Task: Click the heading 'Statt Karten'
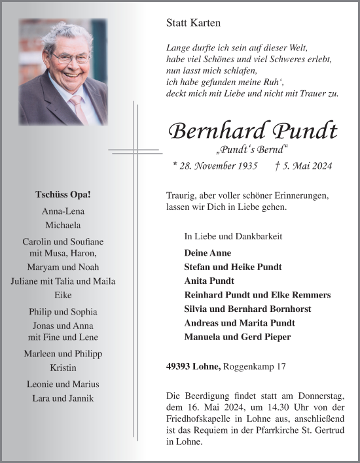[194, 23]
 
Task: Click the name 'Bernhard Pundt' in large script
[253, 131]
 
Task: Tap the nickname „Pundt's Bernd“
[253, 150]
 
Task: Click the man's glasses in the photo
[71, 58]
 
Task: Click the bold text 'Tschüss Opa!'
[63, 196]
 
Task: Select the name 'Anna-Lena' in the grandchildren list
[63, 211]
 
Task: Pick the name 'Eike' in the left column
[63, 296]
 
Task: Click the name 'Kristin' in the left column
[63, 367]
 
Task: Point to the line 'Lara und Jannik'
[63, 398]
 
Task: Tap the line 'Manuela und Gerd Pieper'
[238, 337]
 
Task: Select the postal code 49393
[182, 368]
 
